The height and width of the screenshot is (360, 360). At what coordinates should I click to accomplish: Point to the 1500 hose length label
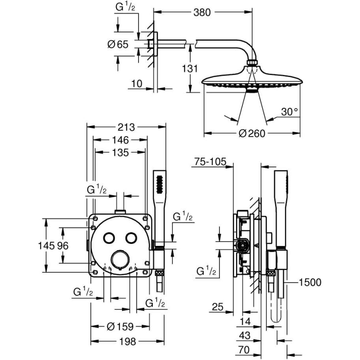[x=310, y=282]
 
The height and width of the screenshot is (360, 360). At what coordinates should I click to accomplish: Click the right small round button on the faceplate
[x=130, y=238]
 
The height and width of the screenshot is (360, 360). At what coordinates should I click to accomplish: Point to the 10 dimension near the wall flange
[x=136, y=84]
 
